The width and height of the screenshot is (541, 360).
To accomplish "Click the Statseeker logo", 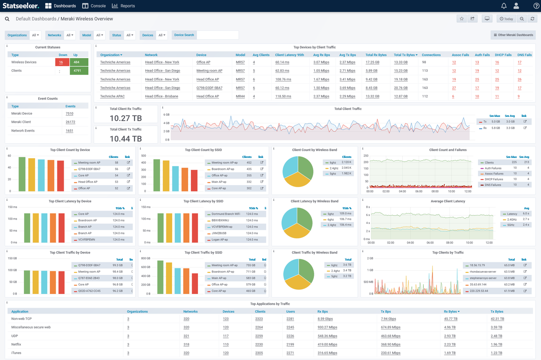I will (x=21, y=6).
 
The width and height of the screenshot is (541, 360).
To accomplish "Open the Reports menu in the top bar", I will (x=123, y=6).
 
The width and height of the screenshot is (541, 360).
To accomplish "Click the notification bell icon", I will (x=504, y=6).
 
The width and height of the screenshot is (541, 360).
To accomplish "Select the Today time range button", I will (x=506, y=19).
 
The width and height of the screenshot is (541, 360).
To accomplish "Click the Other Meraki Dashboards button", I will (x=513, y=35).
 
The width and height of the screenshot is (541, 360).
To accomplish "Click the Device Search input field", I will (x=217, y=35).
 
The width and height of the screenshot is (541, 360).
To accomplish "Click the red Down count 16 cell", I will (x=61, y=62).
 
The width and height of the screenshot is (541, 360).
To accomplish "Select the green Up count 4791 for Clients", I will (x=77, y=71).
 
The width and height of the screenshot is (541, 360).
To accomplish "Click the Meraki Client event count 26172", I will (x=70, y=122).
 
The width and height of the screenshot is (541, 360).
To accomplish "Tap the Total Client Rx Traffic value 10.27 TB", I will (x=126, y=118).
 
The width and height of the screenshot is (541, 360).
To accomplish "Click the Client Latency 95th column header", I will (x=289, y=55).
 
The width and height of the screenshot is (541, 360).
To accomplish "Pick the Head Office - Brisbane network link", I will (x=161, y=96).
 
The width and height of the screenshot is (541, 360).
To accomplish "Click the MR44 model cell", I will (x=240, y=96).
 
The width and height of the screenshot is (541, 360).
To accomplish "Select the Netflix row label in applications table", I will (x=16, y=344).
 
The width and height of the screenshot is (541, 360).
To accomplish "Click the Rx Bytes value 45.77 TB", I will (x=450, y=319).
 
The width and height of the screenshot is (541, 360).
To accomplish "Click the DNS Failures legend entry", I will (x=493, y=185).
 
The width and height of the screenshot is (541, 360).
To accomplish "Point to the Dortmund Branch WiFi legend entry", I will (x=225, y=214).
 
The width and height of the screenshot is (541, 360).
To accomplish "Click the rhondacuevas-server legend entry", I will (x=483, y=272).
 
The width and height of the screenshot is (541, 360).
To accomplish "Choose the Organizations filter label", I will (x=17, y=35).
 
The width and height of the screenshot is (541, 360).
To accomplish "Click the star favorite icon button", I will (x=461, y=19).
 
